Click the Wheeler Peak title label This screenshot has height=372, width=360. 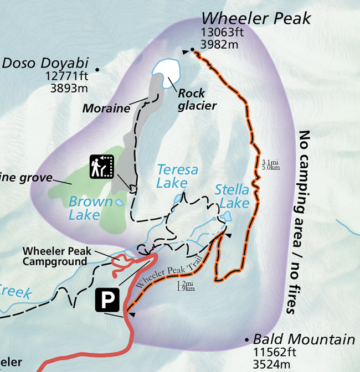256,19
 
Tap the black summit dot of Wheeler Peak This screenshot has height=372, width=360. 192,50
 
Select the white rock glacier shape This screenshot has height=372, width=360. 166,71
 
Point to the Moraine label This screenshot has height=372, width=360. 106,108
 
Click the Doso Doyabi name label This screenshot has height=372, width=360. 38,63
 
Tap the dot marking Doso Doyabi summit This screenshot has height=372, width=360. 97,70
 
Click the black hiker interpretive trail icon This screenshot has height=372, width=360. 101,167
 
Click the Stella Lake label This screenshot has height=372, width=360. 233,197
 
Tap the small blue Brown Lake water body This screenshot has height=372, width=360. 119,203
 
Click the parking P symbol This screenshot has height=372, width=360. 110,299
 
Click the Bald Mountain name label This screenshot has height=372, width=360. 304,339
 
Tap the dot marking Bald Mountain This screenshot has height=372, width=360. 246,339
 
